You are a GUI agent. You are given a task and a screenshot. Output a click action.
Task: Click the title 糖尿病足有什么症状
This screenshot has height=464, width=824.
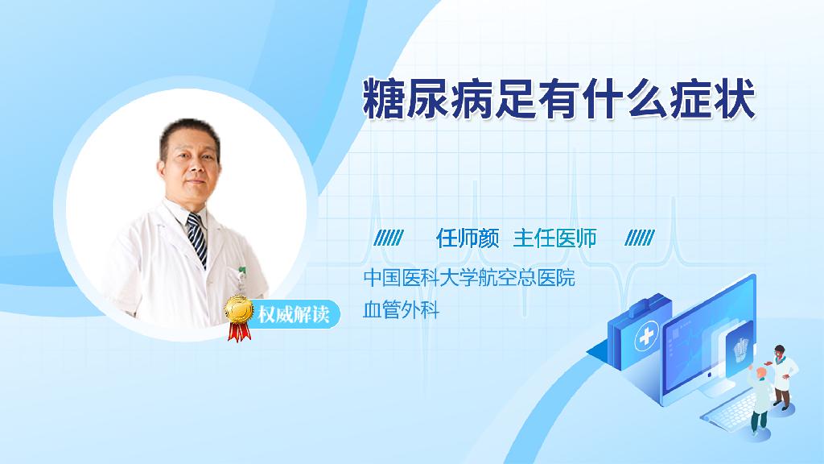559,98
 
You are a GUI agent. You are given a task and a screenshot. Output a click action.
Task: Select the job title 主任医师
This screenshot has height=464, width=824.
555,238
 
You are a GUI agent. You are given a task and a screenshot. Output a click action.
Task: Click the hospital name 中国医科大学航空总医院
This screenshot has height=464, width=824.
469,277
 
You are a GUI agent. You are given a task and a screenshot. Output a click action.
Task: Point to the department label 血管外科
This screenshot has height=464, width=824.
401,310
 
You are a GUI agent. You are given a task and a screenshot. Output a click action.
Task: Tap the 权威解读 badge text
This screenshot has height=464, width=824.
294,315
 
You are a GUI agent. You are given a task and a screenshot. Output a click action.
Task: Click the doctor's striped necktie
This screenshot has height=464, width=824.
198,238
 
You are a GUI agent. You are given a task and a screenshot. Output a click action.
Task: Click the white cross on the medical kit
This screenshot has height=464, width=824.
646,336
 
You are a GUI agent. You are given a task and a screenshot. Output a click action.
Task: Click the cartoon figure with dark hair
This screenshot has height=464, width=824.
782,376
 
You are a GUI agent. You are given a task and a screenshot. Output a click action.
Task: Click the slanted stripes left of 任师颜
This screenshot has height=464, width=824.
389,238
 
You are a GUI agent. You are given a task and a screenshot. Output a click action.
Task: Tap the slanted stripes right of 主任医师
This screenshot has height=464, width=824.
640,238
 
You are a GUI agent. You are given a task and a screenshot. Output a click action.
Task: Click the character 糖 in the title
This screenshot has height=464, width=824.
383,98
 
